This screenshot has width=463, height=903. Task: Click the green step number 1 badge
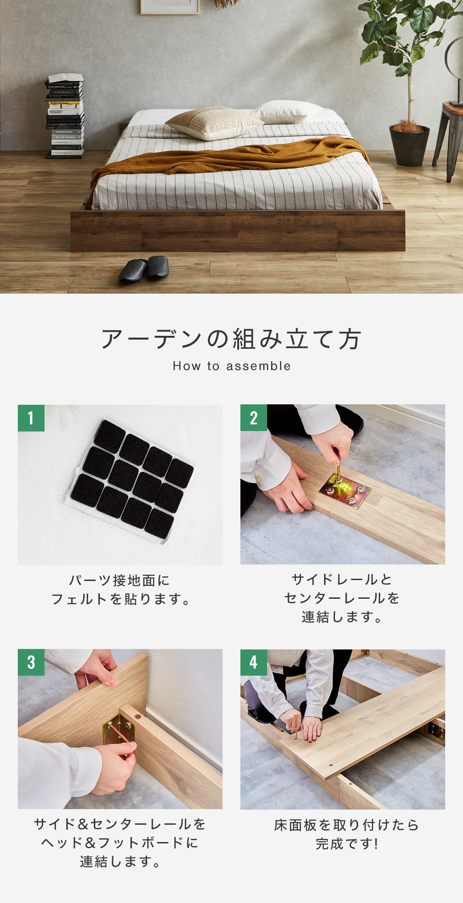31,418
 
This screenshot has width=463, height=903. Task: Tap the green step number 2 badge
254,418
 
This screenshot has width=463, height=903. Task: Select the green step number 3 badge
31,662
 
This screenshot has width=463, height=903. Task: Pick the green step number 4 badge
254,662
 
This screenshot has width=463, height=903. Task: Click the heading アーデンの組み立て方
231,339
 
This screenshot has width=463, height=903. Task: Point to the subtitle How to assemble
231,366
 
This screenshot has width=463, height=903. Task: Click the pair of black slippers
143,268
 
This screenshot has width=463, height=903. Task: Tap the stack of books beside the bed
65,117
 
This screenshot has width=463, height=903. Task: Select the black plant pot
409,145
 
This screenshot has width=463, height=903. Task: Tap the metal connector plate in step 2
345,489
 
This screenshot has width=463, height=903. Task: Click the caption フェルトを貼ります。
121,599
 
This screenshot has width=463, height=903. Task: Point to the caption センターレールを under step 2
342,598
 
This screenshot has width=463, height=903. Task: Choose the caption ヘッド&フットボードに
120,843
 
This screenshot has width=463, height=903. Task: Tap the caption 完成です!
347,843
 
